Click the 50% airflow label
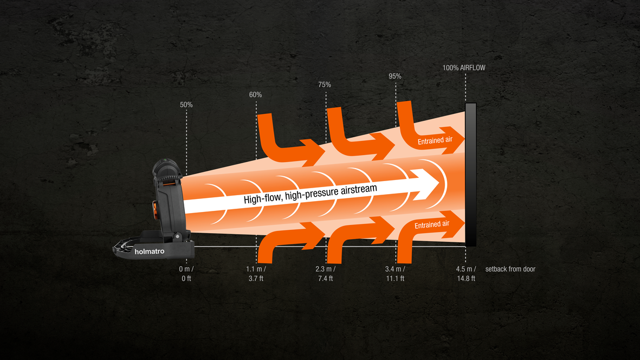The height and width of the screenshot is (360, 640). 186,104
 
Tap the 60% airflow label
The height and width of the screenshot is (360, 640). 255,94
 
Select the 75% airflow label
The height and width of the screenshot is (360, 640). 325,85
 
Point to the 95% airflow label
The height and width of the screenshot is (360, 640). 395,76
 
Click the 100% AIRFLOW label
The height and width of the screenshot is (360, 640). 464,68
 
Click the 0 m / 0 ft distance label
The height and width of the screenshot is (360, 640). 186,274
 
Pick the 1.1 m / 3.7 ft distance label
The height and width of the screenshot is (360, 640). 256,274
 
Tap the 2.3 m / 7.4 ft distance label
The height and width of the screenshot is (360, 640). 326,274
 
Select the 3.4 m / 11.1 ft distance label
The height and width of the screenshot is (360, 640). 395,274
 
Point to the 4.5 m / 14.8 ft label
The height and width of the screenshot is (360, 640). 466,274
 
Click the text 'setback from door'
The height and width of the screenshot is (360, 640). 510,269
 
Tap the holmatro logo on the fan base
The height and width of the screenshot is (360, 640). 150,251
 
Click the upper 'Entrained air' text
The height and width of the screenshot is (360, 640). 435,141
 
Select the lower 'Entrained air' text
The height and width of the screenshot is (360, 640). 433,225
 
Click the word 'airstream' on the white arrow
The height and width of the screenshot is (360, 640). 355,189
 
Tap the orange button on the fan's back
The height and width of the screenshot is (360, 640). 155,210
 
